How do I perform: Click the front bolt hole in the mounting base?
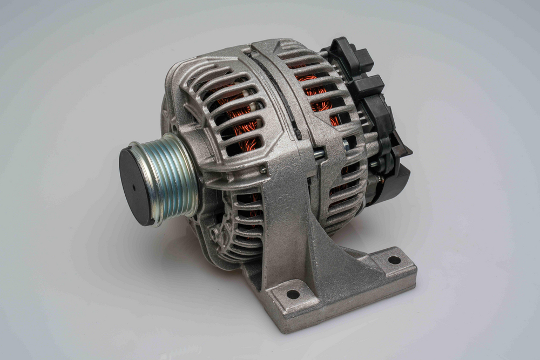293,294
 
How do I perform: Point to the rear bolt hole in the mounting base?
394,260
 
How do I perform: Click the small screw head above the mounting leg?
263,170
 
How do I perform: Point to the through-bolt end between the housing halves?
319,153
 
